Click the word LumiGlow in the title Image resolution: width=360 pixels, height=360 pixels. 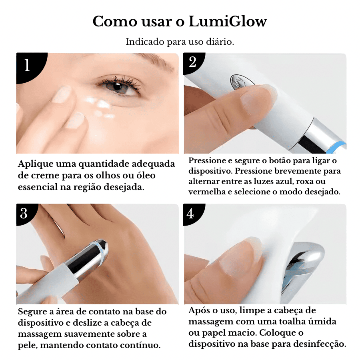click(228, 22)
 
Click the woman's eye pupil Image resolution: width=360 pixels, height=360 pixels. click(118, 87)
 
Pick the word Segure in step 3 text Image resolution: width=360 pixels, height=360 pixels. click(32, 312)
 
